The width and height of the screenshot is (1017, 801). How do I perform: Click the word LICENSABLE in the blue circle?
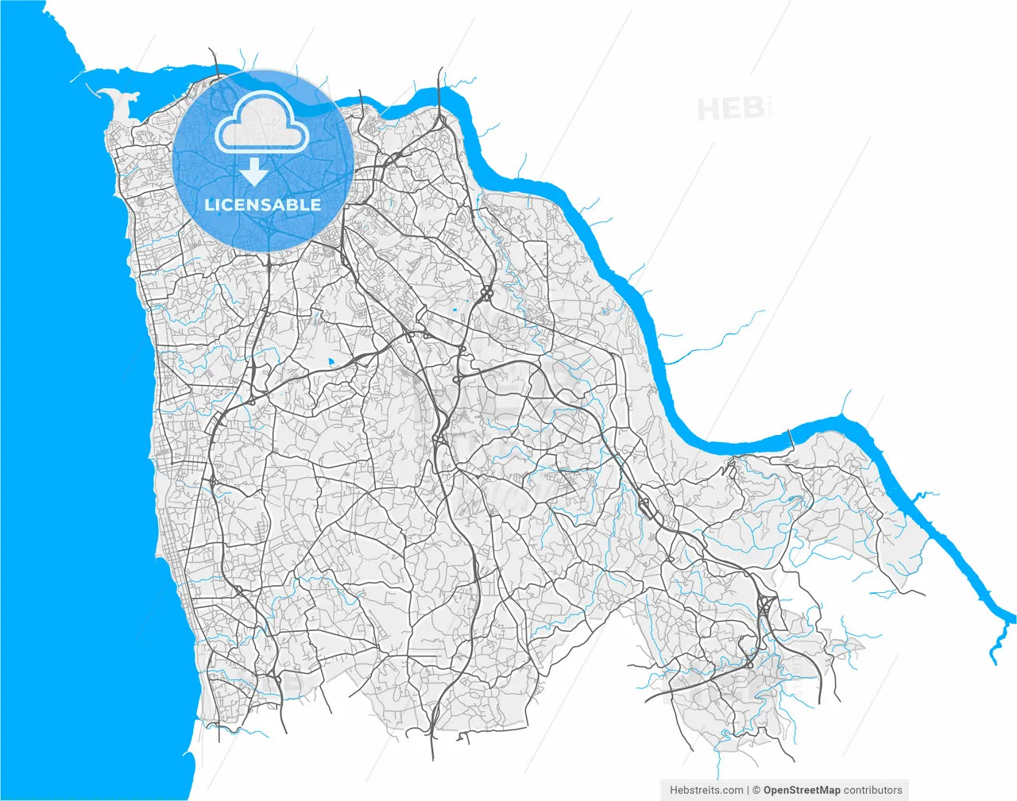(263, 205)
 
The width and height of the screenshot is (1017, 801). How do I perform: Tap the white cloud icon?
(263, 125)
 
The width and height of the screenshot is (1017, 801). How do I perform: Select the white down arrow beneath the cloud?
(253, 171)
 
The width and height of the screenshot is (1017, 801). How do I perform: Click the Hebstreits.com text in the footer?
(706, 790)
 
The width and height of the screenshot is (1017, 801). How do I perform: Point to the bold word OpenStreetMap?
(802, 790)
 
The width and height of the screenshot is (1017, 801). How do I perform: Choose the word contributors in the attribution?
(873, 790)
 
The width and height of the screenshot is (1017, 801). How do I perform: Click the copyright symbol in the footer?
(756, 790)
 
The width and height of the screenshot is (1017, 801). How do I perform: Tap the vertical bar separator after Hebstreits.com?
(748, 790)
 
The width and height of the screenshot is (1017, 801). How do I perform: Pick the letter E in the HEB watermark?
(731, 109)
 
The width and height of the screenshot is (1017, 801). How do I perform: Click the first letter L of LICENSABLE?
(209, 205)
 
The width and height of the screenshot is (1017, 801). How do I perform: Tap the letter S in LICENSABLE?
(265, 205)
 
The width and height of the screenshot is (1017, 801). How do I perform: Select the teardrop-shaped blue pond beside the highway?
(331, 362)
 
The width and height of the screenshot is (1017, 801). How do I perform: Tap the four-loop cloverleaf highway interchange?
(485, 295)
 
